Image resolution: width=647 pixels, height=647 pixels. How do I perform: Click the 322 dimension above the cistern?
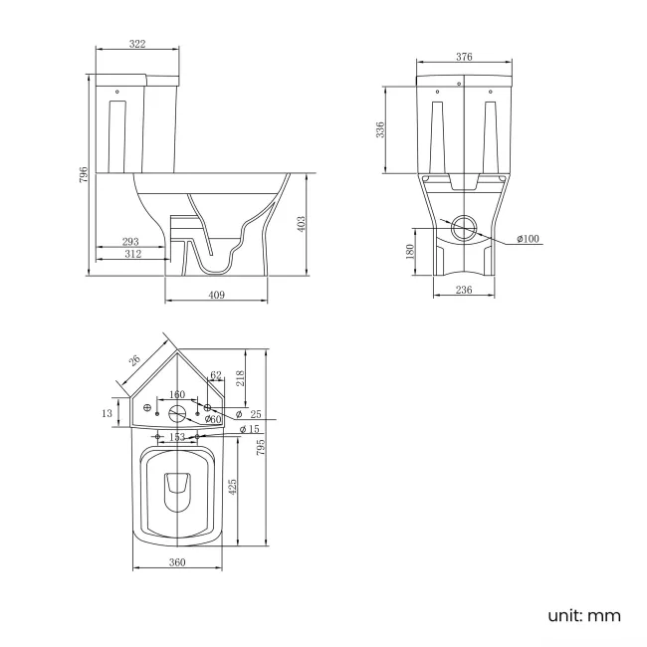click(x=137, y=44)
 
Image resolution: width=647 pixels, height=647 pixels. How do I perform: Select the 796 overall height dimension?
click(x=85, y=175)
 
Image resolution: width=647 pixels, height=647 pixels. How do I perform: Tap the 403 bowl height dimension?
click(x=302, y=223)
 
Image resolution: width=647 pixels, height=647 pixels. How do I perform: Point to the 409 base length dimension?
click(x=217, y=295)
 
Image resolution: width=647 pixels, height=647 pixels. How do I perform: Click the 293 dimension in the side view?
click(x=129, y=241)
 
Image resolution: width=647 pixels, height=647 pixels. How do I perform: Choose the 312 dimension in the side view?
click(x=132, y=254)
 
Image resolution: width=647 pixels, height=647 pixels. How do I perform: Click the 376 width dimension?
click(x=464, y=57)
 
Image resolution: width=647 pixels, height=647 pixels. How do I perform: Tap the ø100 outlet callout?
click(x=528, y=239)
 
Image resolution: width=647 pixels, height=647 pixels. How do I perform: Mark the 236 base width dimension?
click(x=463, y=290)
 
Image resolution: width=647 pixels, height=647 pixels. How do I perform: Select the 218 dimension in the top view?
click(x=241, y=379)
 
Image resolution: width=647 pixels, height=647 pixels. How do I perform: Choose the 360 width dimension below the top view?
click(x=178, y=563)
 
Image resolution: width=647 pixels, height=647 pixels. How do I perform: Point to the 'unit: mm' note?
click(x=583, y=615)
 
